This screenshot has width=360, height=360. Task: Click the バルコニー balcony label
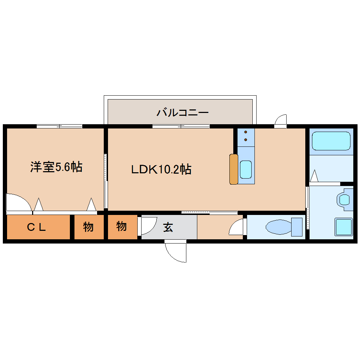point(183,113)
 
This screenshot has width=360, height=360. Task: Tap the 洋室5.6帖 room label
point(56,167)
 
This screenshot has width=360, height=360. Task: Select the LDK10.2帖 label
point(161,169)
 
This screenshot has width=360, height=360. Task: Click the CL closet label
point(37,227)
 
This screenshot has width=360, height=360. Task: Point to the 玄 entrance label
point(168,228)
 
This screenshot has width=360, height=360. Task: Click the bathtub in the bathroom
point(331,141)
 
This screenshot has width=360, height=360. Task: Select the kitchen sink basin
point(246,169)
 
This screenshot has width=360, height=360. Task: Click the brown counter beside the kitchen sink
point(233,169)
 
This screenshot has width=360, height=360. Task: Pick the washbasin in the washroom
point(344,200)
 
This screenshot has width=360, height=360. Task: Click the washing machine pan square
point(343,227)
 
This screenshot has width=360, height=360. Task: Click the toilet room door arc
point(236,227)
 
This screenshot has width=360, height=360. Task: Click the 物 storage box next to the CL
point(89,227)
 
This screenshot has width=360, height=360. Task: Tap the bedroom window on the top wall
point(59,126)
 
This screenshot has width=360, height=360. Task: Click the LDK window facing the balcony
point(181,126)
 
